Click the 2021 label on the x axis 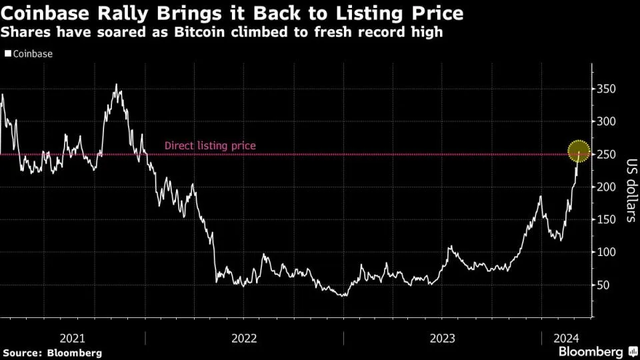(72, 337)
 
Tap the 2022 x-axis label (244, 337)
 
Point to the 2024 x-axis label (565, 337)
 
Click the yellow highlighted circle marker (578, 151)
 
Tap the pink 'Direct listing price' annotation (210, 146)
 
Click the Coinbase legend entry (32, 54)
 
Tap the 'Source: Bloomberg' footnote (52, 352)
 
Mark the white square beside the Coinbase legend (8, 54)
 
